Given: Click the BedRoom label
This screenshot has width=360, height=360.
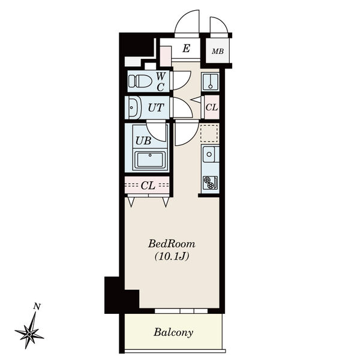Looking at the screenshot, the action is (x=172, y=244).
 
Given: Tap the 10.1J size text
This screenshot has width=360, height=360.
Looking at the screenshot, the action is (x=172, y=256).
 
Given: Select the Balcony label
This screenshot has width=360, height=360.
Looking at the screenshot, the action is (x=173, y=332).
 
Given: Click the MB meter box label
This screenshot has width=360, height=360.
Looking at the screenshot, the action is (x=218, y=51).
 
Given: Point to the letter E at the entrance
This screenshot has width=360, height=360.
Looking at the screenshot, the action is (x=186, y=49).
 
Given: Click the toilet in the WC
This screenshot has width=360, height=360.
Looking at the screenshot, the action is (x=140, y=82).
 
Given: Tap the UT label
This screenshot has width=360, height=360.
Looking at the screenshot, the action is (x=156, y=107).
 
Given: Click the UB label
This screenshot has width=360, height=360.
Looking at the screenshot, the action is (x=143, y=141).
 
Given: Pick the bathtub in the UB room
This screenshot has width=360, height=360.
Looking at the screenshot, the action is (x=150, y=160).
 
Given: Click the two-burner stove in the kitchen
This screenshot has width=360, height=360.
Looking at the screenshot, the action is (x=210, y=182).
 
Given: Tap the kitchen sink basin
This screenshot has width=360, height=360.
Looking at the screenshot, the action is (x=209, y=154).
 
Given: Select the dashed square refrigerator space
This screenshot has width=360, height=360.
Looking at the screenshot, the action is (x=209, y=133).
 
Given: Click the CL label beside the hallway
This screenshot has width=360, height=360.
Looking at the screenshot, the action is (x=211, y=107).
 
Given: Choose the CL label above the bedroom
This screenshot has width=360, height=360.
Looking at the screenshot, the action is (x=148, y=185).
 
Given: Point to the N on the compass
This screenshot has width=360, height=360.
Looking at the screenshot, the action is (x=37, y=306).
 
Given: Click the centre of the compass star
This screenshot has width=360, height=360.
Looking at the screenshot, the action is (x=29, y=334).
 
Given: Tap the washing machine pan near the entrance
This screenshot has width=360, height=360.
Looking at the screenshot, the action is (x=210, y=82).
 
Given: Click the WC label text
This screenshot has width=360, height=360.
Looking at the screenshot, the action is (x=161, y=82).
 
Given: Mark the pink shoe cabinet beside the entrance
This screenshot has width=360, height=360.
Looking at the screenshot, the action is (x=166, y=56).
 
